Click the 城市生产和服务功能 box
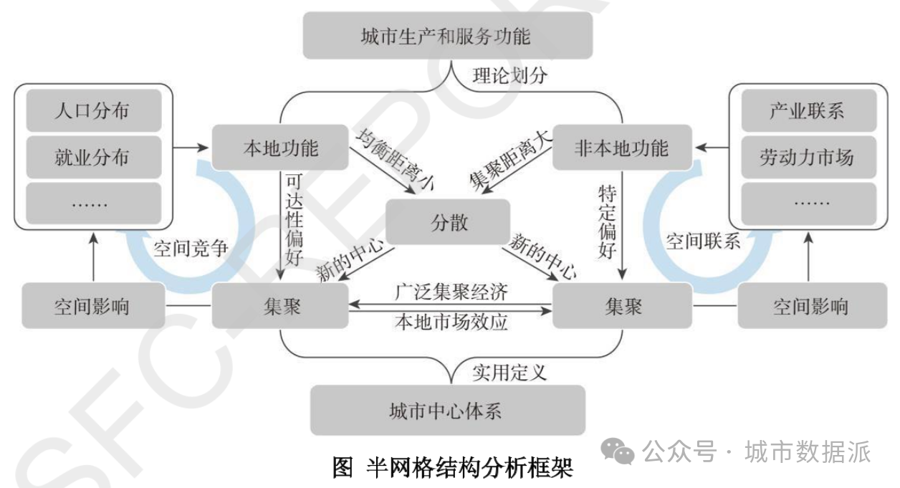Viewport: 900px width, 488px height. [448, 36]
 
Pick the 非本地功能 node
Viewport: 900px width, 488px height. [621, 148]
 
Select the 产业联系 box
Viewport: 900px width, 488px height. [807, 111]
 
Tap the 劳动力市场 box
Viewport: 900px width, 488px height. [807, 156]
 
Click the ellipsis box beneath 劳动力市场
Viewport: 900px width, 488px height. [807, 204]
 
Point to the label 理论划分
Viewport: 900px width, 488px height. [509, 76]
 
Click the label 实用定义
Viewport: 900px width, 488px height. [509, 372]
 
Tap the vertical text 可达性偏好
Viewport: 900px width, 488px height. [294, 219]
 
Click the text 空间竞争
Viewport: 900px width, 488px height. [191, 248]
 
